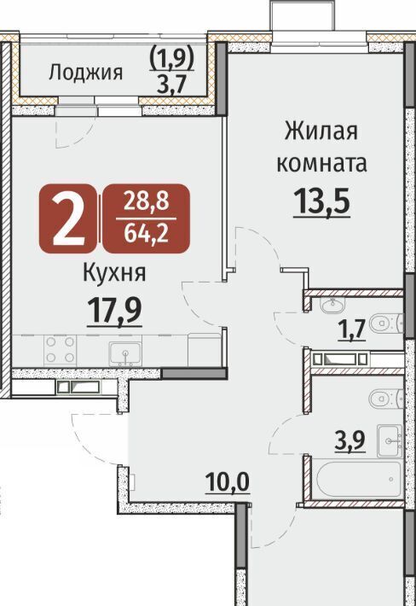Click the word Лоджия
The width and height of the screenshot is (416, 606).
(x=85, y=73)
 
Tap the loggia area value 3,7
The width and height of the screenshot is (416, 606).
(x=171, y=84)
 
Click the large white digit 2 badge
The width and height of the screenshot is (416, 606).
(x=68, y=219)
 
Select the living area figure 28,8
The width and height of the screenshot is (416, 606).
(x=146, y=201)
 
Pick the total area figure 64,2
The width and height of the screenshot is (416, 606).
(x=146, y=233)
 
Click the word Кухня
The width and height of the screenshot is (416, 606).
(x=114, y=273)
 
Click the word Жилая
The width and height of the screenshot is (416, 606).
(x=321, y=131)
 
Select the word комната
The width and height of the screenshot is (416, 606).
(x=321, y=164)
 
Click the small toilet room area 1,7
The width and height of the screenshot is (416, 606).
(x=351, y=331)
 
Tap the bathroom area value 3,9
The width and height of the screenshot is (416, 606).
(x=350, y=441)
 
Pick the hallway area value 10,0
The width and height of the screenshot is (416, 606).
(x=228, y=482)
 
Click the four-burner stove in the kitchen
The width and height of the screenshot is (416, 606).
(x=60, y=350)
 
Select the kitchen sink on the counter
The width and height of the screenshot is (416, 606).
(x=125, y=353)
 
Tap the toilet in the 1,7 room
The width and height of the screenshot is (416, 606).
(x=386, y=323)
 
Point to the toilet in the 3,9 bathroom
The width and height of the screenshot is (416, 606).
(x=386, y=398)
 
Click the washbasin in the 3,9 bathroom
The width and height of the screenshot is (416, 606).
(x=390, y=440)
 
